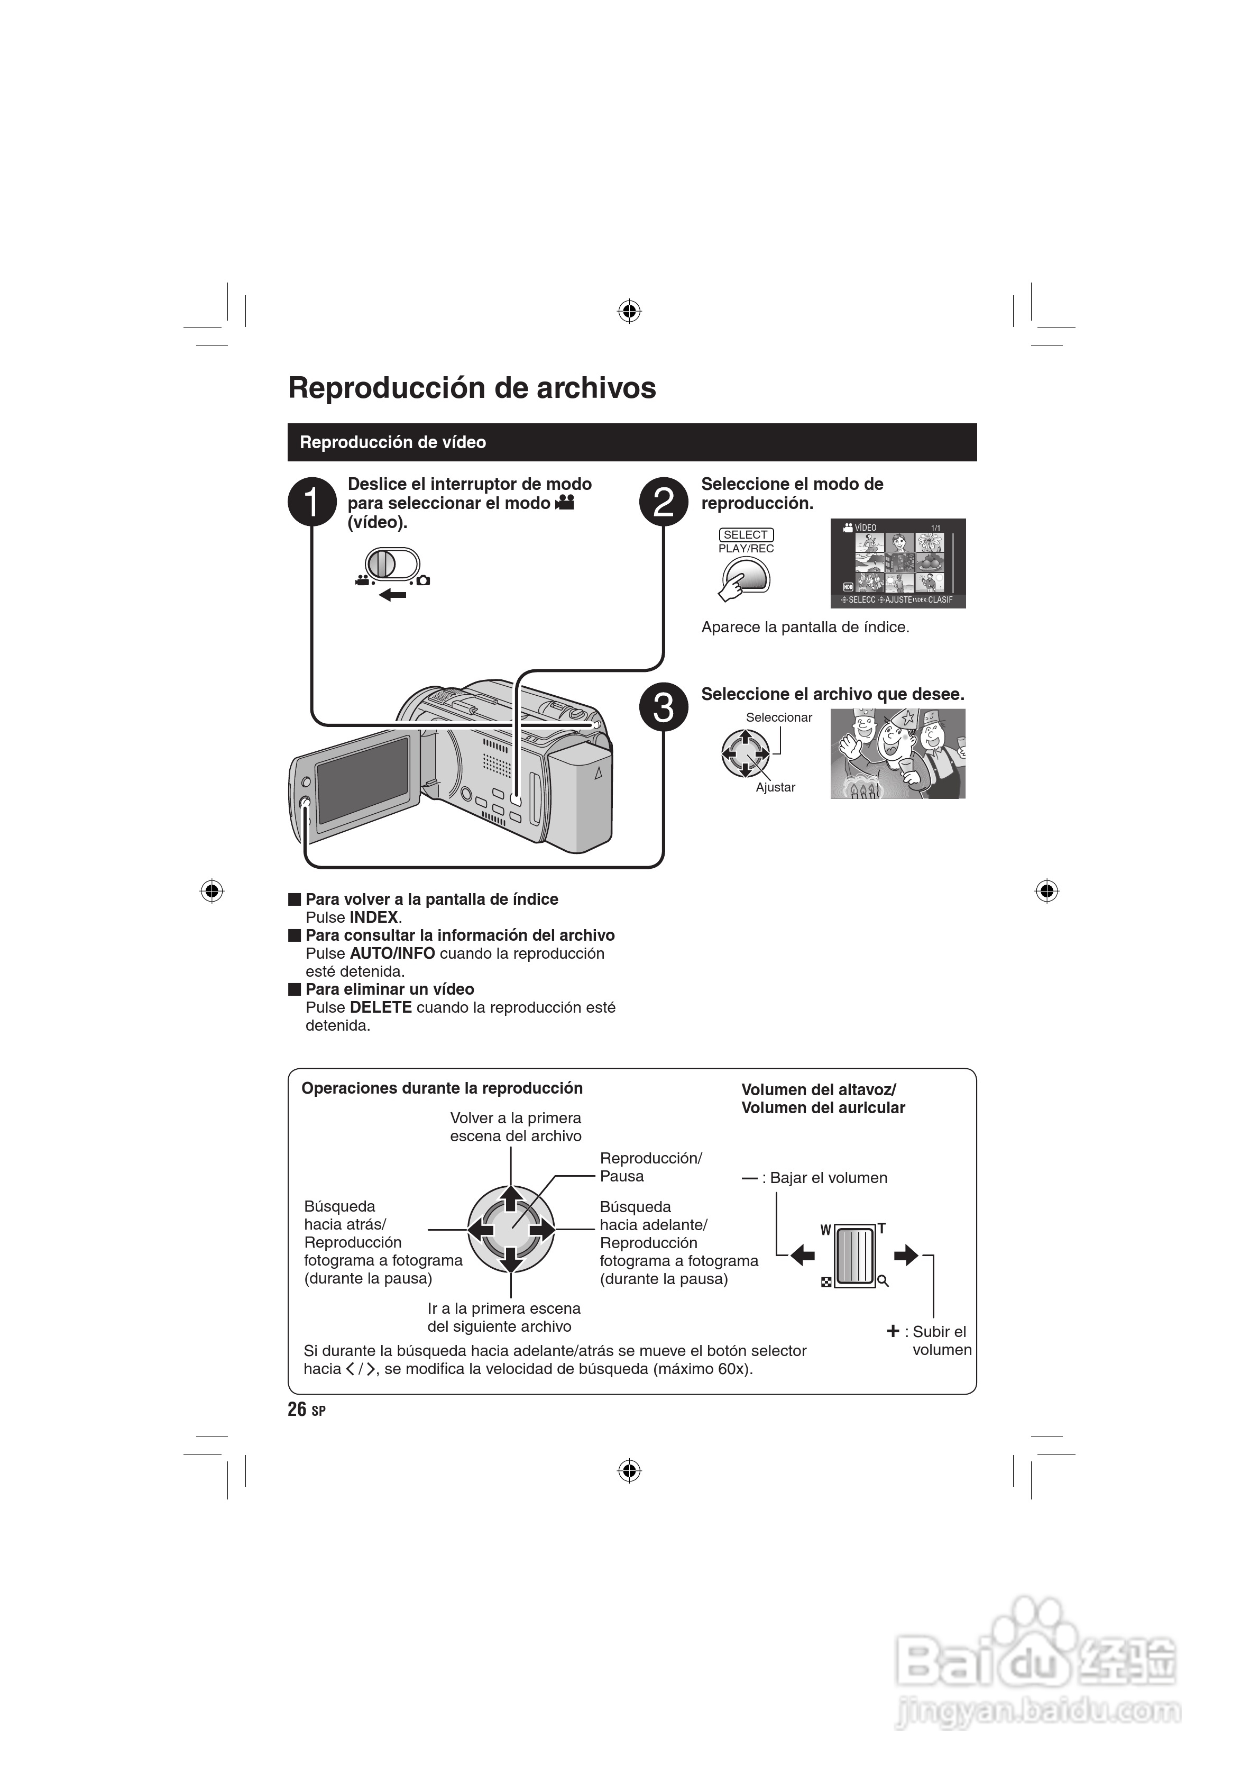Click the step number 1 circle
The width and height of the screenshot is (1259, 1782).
tap(312, 502)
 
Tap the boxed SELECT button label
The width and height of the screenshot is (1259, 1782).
tap(746, 535)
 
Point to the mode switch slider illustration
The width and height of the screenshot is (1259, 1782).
tap(392, 563)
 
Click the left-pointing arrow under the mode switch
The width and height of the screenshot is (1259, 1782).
tap(393, 595)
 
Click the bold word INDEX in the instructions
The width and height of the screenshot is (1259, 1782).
tap(374, 917)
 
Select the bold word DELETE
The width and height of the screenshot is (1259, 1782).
tap(380, 1007)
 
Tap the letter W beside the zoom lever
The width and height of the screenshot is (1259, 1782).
tap(825, 1230)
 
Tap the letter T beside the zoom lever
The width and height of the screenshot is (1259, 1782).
tap(881, 1229)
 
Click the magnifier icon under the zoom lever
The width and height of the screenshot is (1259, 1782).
tap(883, 1281)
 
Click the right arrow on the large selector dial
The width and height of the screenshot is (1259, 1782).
tap(542, 1230)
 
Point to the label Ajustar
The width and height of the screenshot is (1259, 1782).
tap(775, 787)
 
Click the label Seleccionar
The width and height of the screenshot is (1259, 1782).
tap(779, 717)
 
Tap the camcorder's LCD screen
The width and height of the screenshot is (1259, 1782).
tap(363, 780)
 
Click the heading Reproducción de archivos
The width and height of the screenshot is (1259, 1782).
tap(472, 388)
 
